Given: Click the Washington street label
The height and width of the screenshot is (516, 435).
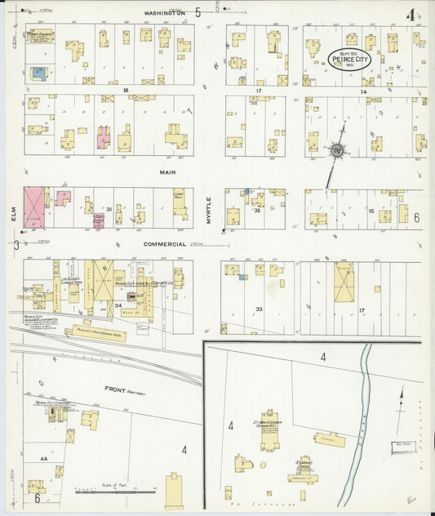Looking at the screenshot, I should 166,13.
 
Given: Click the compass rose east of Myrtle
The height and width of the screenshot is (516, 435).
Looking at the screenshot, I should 335,151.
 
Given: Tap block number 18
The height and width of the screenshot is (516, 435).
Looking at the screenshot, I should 127,90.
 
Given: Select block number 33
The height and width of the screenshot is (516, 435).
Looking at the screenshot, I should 259,309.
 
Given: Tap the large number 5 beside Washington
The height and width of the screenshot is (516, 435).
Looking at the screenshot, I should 198,12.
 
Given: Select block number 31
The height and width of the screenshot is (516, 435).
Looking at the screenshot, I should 108,210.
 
